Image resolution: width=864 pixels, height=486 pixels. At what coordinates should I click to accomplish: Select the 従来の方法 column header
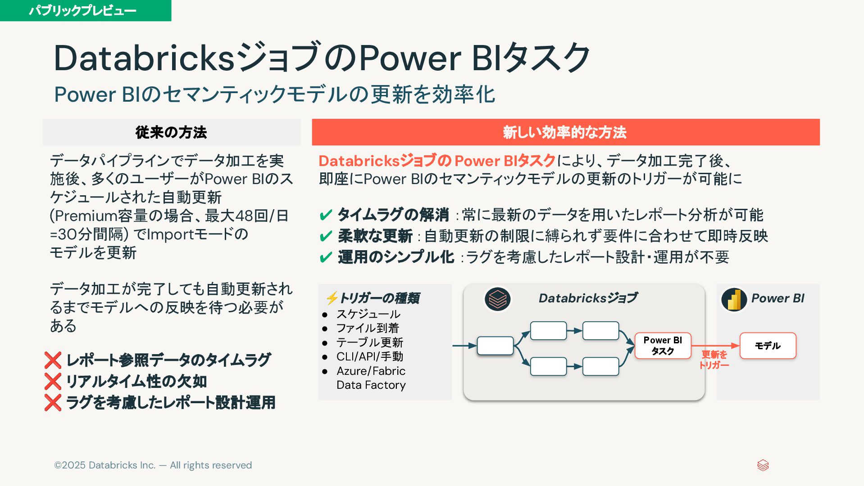[171, 132]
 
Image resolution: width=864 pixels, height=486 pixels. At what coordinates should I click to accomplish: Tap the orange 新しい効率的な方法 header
[565, 132]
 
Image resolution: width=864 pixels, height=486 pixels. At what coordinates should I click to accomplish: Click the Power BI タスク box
[662, 346]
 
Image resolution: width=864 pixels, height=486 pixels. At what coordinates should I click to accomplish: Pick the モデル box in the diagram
[768, 346]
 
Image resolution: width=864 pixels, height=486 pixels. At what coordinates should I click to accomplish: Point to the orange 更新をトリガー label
[714, 360]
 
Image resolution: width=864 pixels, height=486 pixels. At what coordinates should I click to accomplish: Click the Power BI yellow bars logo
[734, 299]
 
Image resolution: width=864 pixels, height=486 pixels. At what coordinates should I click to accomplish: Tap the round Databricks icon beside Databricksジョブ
[497, 299]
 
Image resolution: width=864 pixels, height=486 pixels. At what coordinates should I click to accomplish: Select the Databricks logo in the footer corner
[763, 465]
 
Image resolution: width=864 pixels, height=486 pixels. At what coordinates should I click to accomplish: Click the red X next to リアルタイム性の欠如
[53, 382]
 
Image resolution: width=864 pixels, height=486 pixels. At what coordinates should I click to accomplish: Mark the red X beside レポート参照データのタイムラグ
[53, 360]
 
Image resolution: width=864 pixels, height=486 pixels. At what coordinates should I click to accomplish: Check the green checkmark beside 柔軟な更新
[325, 236]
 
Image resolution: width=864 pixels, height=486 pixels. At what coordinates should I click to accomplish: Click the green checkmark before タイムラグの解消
[325, 215]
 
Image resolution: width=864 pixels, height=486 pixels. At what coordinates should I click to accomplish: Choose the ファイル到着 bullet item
[368, 328]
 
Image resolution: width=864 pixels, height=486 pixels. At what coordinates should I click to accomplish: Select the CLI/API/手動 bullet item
[369, 356]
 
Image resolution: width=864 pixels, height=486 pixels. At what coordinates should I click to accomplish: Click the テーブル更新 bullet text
[369, 342]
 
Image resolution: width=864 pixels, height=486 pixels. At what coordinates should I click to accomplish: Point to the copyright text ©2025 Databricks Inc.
[153, 465]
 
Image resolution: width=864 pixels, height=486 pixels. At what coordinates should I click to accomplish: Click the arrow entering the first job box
[464, 346]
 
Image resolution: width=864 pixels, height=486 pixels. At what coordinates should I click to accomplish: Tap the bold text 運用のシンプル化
[396, 257]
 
